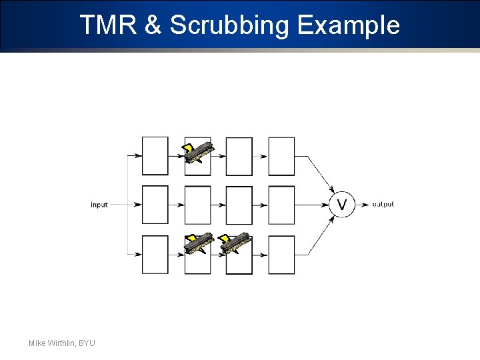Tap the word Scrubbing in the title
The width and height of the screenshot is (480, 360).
[229, 25]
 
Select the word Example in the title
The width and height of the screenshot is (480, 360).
[348, 25]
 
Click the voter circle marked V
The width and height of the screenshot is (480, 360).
[342, 205]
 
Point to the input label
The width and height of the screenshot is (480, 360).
[99, 205]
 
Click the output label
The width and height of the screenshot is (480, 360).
[383, 204]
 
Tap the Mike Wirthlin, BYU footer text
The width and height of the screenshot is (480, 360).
[62, 343]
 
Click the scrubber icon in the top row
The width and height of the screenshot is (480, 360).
[199, 152]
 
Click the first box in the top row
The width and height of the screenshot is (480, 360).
[155, 156]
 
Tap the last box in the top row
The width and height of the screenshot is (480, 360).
[281, 156]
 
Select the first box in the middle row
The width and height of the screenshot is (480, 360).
[155, 205]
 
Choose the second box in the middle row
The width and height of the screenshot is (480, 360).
[197, 205]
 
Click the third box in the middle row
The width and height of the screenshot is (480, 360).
[239, 205]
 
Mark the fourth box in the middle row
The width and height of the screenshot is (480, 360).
[281, 205]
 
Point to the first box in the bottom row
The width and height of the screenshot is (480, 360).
[155, 255]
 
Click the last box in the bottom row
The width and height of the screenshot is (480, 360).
[281, 255]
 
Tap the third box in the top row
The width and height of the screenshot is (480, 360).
[239, 156]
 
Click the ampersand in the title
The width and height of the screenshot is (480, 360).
[152, 25]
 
